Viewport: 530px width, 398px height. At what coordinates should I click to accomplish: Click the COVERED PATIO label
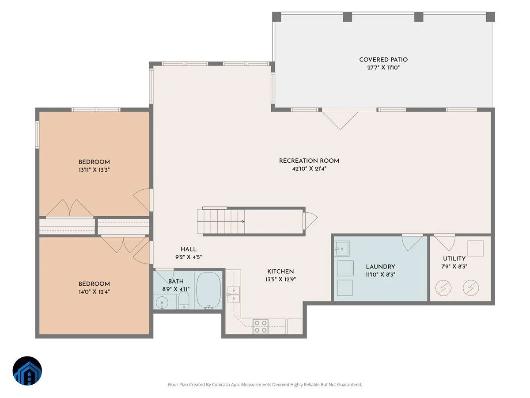click(x=383, y=60)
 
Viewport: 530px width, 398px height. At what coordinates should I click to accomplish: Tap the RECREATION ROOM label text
click(x=309, y=161)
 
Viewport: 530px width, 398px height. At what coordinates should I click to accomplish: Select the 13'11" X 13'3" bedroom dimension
click(x=94, y=170)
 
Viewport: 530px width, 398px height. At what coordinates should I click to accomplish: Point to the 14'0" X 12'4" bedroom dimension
click(x=94, y=292)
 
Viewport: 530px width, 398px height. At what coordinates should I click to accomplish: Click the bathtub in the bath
click(x=208, y=291)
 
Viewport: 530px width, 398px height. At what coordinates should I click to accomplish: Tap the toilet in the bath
click(x=184, y=300)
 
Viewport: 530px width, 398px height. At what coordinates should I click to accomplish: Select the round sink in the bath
click(x=162, y=302)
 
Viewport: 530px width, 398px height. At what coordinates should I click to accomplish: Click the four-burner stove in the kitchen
click(x=260, y=326)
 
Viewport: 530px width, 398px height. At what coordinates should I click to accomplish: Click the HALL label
click(x=189, y=249)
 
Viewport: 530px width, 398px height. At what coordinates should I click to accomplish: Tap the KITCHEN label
click(x=280, y=272)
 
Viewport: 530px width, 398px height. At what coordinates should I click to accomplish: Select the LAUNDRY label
click(x=381, y=267)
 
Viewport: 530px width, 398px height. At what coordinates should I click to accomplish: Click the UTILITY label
click(x=454, y=259)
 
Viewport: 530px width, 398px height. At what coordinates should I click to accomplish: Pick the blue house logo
click(x=27, y=371)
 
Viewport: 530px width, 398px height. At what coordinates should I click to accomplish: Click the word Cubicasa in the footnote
click(x=221, y=385)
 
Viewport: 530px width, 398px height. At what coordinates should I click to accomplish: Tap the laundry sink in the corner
click(x=342, y=249)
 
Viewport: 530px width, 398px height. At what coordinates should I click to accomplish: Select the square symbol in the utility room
click(x=475, y=248)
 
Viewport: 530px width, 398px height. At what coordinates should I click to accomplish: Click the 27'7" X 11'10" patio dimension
click(x=383, y=68)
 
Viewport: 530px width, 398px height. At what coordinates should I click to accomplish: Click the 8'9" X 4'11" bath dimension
click(x=176, y=289)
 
